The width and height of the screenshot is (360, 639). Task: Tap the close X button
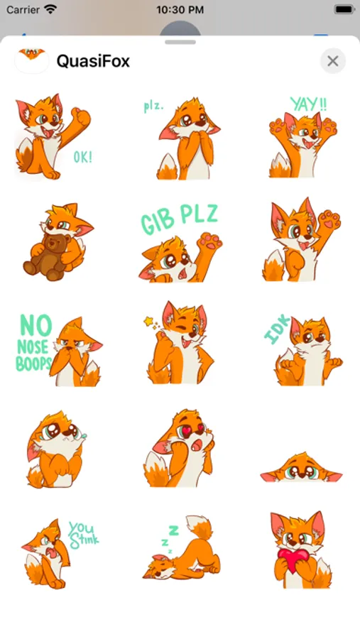click(333, 61)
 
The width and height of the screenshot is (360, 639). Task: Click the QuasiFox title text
click(93, 61)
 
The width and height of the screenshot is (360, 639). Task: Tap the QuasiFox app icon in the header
click(32, 61)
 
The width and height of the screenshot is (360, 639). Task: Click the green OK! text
click(83, 157)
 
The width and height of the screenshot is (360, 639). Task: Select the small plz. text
click(153, 106)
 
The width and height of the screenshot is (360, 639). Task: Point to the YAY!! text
click(308, 104)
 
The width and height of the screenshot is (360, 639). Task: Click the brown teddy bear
click(45, 257)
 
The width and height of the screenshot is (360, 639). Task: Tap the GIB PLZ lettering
click(180, 219)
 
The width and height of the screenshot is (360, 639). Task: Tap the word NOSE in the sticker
click(33, 347)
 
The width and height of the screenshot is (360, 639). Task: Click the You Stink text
click(83, 535)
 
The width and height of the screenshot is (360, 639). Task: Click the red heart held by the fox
click(294, 559)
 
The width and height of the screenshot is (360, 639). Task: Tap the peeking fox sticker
click(301, 468)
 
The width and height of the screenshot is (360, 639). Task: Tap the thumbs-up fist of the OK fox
click(81, 116)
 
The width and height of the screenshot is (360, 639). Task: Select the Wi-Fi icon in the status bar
click(50, 9)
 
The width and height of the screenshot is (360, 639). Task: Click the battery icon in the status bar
click(344, 9)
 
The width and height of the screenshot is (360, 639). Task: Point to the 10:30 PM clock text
click(180, 10)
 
